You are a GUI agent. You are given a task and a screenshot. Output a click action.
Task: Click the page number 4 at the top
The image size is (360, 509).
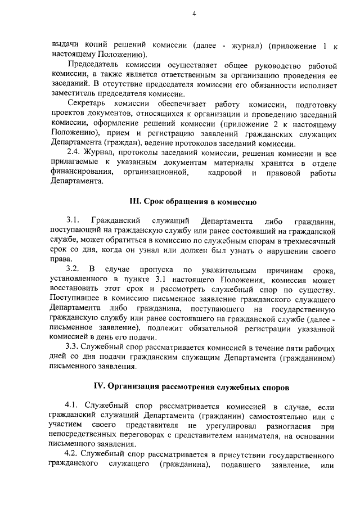pos(193,15)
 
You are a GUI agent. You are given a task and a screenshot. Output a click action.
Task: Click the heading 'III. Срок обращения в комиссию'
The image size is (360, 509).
pos(193,201)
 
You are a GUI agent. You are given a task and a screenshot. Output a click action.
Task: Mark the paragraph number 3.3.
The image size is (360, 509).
pos(73,348)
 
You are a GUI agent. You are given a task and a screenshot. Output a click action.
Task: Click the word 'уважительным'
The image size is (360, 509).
pos(229,269)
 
